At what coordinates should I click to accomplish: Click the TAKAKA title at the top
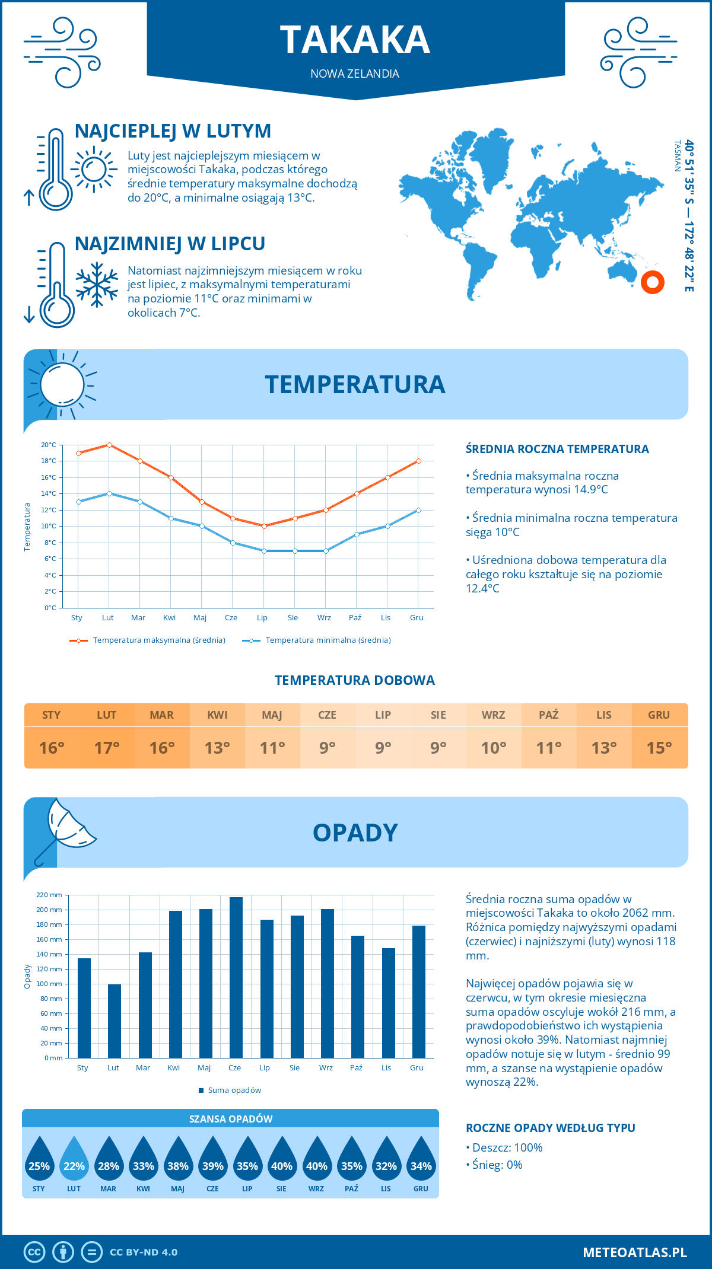[355, 40]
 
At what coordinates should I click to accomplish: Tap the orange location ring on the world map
[652, 282]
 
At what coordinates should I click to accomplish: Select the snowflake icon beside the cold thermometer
[97, 285]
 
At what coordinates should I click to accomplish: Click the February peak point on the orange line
[109, 445]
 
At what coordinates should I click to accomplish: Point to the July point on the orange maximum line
[264, 526]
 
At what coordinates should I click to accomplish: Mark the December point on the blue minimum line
[418, 510]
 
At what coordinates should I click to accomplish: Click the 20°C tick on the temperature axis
[49, 445]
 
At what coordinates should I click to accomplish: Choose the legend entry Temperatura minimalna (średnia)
[328, 640]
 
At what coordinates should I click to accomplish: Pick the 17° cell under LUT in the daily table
[107, 748]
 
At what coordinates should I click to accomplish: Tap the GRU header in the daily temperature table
[659, 715]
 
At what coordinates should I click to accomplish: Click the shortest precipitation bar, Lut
[115, 1021]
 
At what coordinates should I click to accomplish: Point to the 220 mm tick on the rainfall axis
[49, 895]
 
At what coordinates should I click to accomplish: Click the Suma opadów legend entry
[234, 1091]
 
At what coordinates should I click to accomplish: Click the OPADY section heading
[355, 833]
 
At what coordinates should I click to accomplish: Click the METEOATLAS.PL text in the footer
[634, 1252]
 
